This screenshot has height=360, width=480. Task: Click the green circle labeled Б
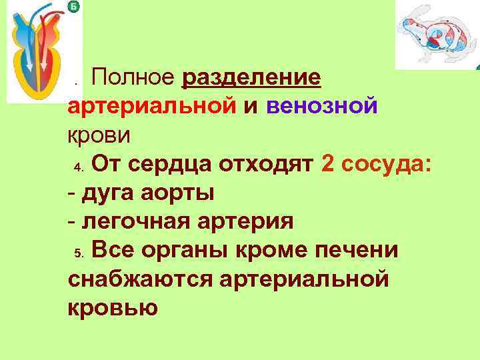pos(74,7)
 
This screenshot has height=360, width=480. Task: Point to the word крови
pos(101,135)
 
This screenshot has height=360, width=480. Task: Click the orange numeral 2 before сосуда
pos(327,164)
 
